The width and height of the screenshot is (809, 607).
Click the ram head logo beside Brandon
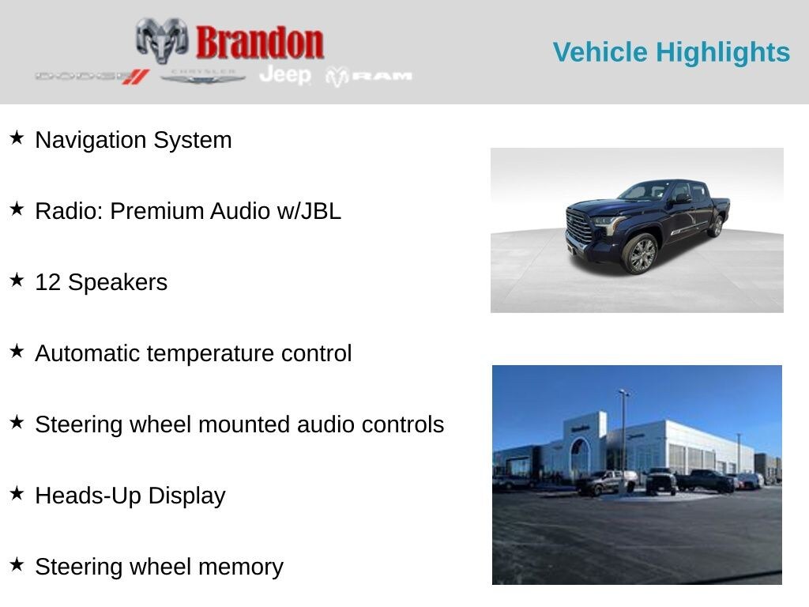(x=162, y=40)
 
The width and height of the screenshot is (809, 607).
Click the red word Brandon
(x=259, y=43)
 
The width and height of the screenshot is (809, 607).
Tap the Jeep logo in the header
(x=285, y=75)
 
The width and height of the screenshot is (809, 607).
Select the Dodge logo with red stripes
(x=92, y=77)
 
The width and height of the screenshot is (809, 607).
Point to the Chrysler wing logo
(x=202, y=77)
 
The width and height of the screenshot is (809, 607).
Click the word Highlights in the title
(x=723, y=53)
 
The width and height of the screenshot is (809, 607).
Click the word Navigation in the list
(x=90, y=141)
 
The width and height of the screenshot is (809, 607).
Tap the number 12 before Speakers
(x=48, y=282)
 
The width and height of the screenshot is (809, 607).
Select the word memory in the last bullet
(x=241, y=567)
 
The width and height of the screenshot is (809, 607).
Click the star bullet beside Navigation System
(x=17, y=138)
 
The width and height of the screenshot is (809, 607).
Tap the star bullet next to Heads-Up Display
(x=17, y=493)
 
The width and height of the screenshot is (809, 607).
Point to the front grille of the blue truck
(x=579, y=227)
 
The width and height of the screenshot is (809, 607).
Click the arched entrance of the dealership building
(x=580, y=456)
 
